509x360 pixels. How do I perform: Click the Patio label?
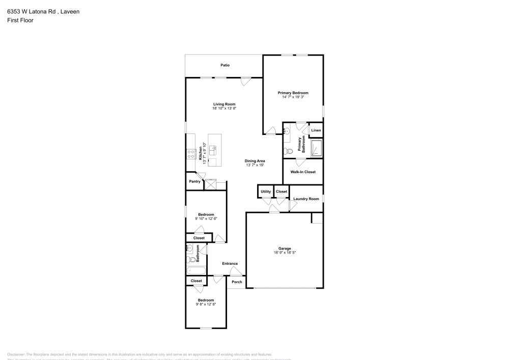(x=224, y=65)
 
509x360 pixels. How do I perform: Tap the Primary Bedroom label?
(x=293, y=93)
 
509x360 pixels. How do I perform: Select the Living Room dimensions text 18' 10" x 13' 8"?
(x=224, y=108)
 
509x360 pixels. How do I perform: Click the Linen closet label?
(x=316, y=130)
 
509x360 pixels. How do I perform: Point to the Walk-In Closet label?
(x=303, y=172)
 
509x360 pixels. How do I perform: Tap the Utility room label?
(x=266, y=191)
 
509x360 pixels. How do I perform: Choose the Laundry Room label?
(x=306, y=199)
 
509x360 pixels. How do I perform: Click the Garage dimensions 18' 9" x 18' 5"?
(x=284, y=253)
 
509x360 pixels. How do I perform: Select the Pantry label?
(x=194, y=181)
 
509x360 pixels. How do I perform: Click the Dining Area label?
(x=255, y=161)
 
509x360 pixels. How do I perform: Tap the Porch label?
(x=237, y=282)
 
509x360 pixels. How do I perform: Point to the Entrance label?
(x=230, y=263)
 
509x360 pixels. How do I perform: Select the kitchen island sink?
(x=213, y=149)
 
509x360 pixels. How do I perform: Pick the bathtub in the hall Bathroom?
(x=196, y=270)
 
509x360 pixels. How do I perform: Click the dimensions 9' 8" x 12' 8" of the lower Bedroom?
(x=206, y=304)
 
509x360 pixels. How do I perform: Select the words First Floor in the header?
(x=20, y=20)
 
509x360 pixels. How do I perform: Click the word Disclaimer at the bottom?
(x=16, y=354)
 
